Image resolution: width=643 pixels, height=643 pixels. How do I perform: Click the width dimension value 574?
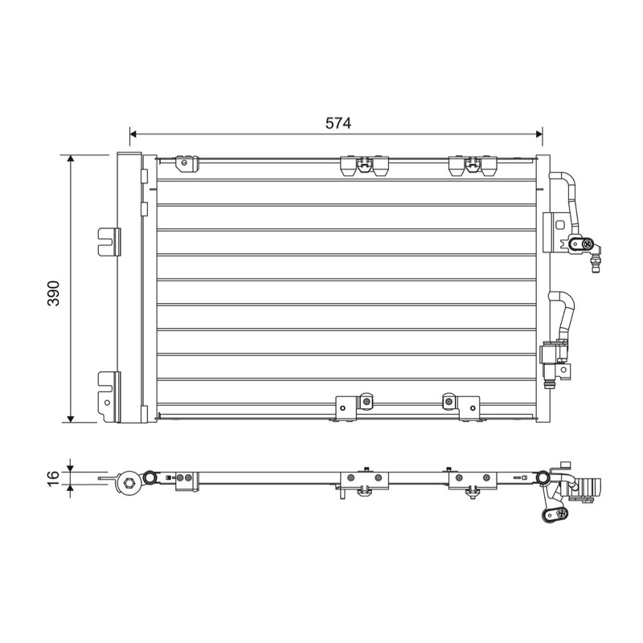[x=338, y=124]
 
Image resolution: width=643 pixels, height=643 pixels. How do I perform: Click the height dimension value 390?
[x=54, y=293]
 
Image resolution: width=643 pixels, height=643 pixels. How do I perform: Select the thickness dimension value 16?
[x=53, y=478]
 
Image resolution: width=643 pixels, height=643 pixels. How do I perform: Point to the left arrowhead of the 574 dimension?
[x=133, y=133]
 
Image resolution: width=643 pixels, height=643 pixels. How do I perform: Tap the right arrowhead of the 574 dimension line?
[x=539, y=133]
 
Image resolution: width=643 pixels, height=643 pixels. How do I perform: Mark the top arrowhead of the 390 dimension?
[x=71, y=158]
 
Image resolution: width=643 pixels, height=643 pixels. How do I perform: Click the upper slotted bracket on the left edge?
[x=109, y=242]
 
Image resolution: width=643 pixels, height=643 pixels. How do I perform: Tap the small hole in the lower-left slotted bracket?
[x=107, y=403]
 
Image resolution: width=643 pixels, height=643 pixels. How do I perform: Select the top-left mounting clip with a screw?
[x=186, y=163]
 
